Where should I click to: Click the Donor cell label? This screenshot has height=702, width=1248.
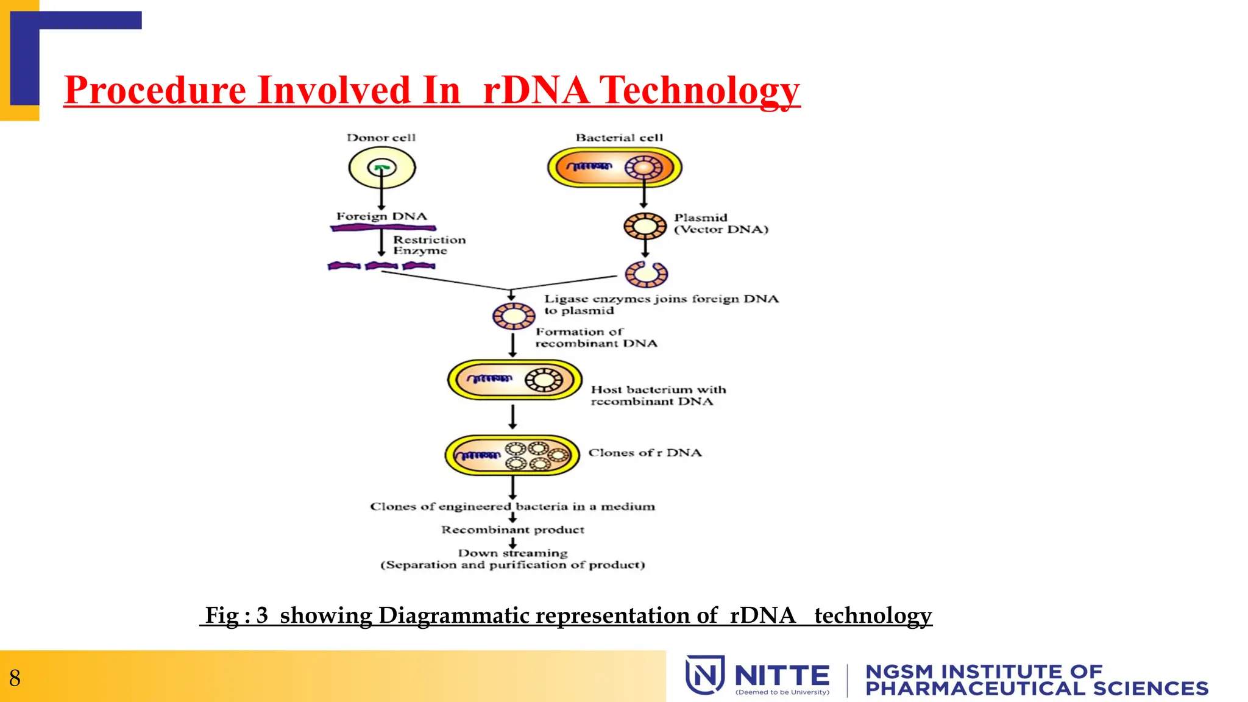tap(381, 138)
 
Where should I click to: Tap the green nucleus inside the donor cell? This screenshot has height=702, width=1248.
tap(382, 166)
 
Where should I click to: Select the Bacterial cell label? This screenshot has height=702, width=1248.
tap(619, 138)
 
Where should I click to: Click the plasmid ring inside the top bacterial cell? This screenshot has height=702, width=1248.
tap(643, 168)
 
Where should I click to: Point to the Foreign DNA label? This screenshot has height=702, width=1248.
tap(381, 216)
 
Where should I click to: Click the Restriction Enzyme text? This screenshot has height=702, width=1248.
tap(429, 245)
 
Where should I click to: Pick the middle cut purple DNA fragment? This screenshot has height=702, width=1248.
tap(381, 266)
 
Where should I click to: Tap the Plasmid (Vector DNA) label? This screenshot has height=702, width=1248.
tap(721, 224)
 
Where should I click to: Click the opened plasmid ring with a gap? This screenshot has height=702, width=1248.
tap(646, 274)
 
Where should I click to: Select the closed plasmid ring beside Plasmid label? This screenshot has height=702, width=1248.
tap(645, 226)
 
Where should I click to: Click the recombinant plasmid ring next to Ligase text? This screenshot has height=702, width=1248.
tap(514, 316)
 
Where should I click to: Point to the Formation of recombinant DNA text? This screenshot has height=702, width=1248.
tap(596, 338)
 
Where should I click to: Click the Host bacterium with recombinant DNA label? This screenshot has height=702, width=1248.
tap(658, 395)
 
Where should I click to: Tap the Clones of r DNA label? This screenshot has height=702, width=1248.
tap(645, 453)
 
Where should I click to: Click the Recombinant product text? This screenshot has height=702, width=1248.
tap(512, 530)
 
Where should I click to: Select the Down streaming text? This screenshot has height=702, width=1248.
tap(512, 553)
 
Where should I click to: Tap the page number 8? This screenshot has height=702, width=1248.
tap(15, 678)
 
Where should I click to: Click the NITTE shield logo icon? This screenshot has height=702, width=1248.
tap(705, 675)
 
